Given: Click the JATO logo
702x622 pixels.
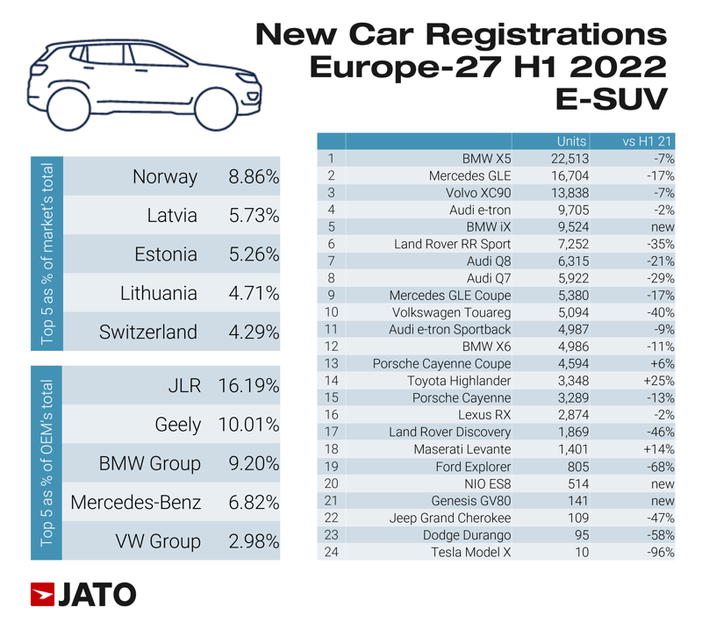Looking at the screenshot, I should click(83, 594).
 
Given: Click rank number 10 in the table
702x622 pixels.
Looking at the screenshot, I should click(331, 312).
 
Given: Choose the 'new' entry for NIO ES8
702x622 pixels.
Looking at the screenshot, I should click(662, 483).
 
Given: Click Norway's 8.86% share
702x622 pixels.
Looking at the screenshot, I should click(254, 177).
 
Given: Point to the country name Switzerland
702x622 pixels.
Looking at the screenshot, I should click(148, 332).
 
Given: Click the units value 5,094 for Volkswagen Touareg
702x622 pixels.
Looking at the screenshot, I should click(570, 312).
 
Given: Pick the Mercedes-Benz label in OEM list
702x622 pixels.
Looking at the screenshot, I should click(136, 503).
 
